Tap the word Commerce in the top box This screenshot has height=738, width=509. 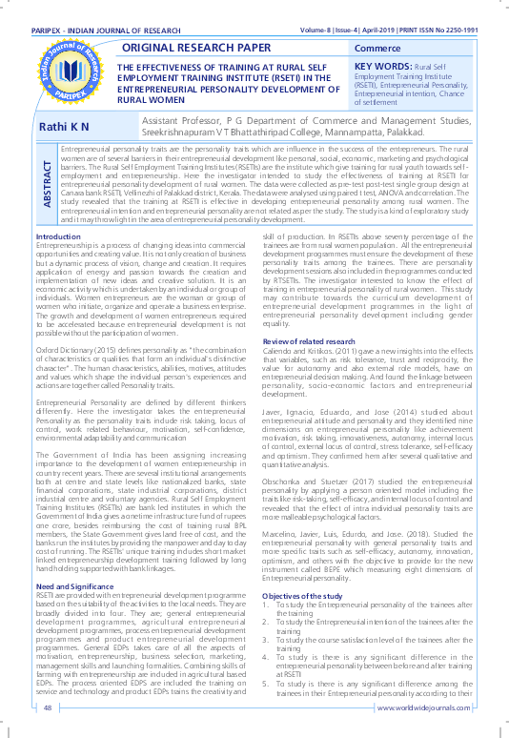pyautogui.click(x=378, y=48)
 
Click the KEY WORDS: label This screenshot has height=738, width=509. pyautogui.click(x=387, y=66)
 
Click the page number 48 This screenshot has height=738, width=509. pyautogui.click(x=47, y=707)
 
